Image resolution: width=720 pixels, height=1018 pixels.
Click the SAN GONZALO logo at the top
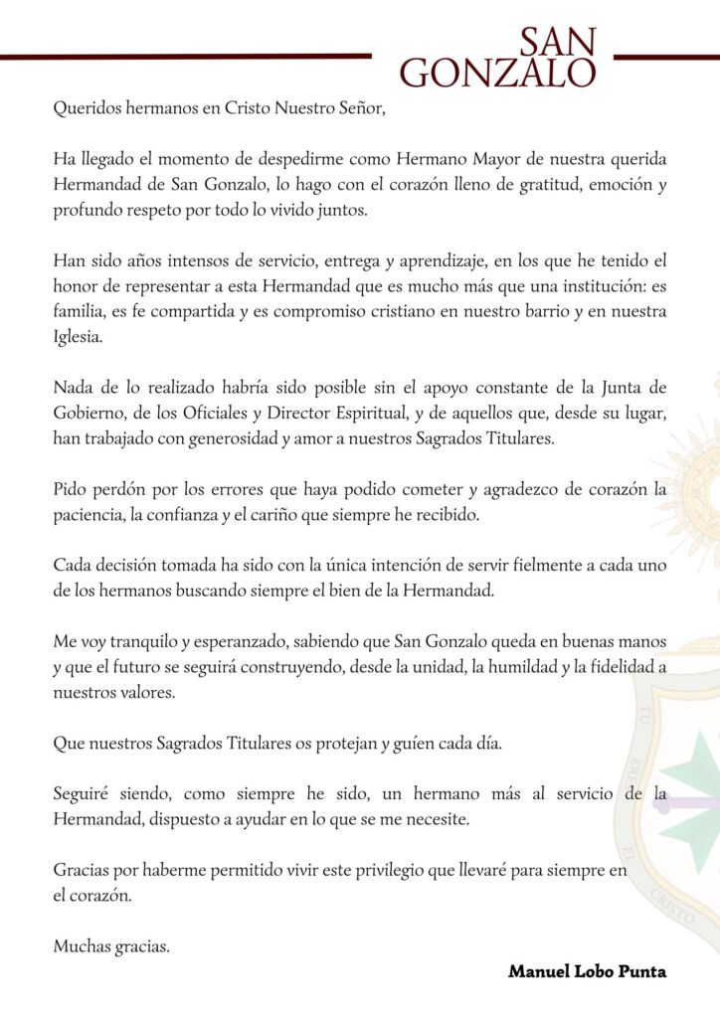[x=497, y=58]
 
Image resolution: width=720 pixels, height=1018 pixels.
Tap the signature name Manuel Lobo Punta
[x=587, y=971]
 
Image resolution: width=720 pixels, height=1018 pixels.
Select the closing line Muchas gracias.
[x=111, y=946]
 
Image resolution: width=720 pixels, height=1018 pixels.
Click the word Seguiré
[x=83, y=794]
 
